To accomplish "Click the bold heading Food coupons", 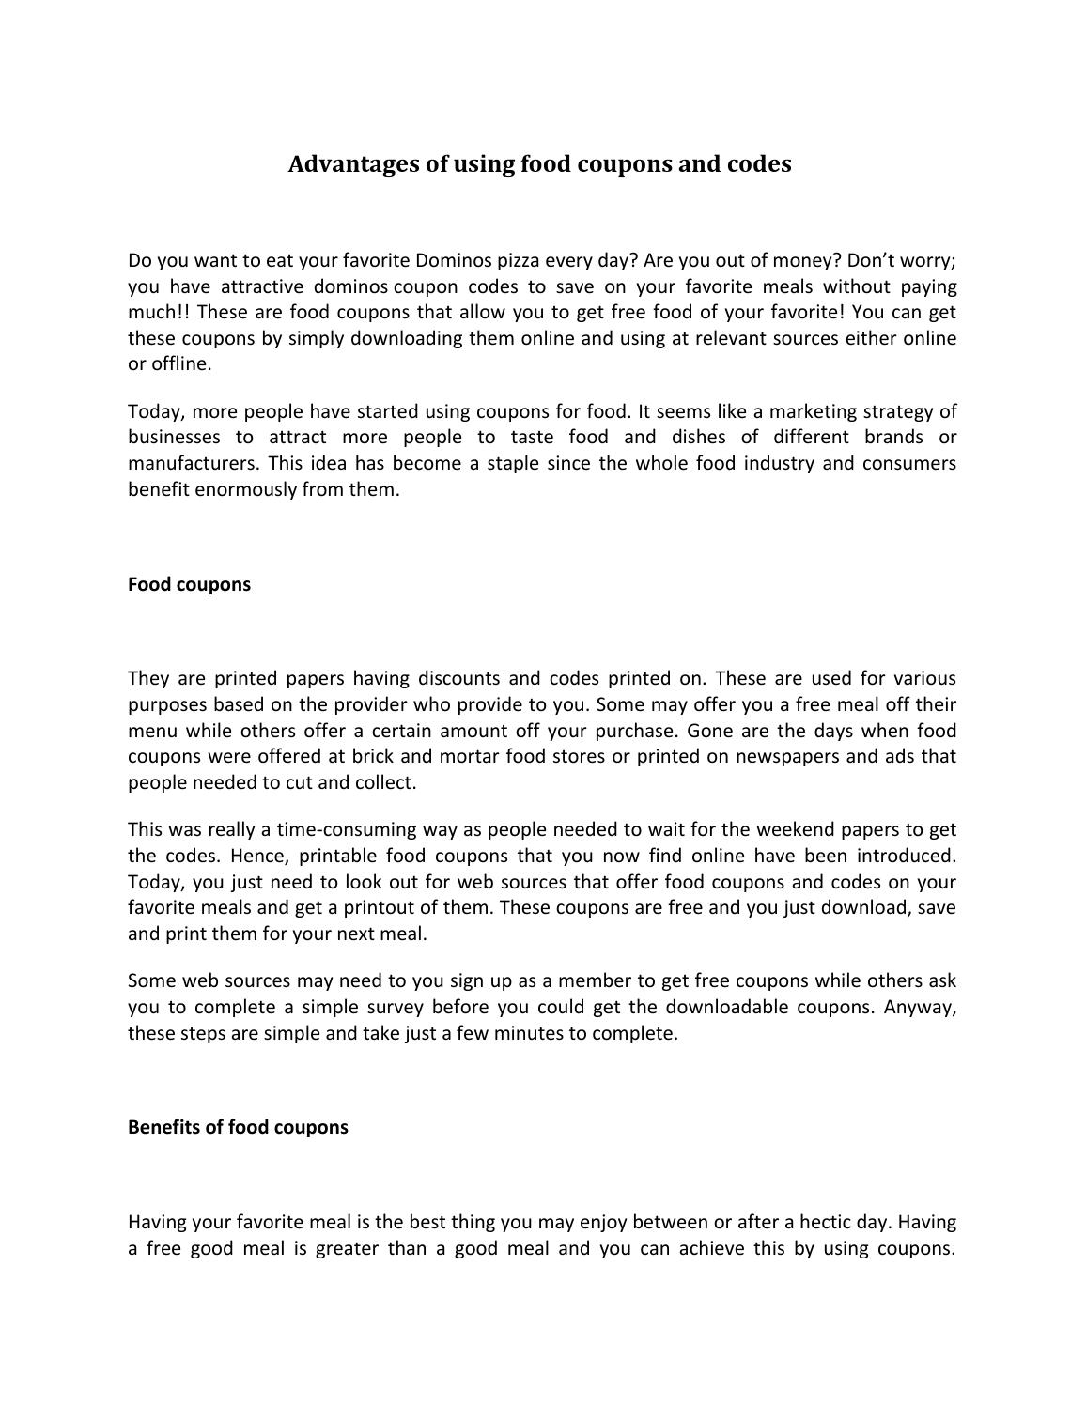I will pyautogui.click(x=189, y=584).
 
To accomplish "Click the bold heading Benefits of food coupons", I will pyautogui.click(x=238, y=1127).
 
